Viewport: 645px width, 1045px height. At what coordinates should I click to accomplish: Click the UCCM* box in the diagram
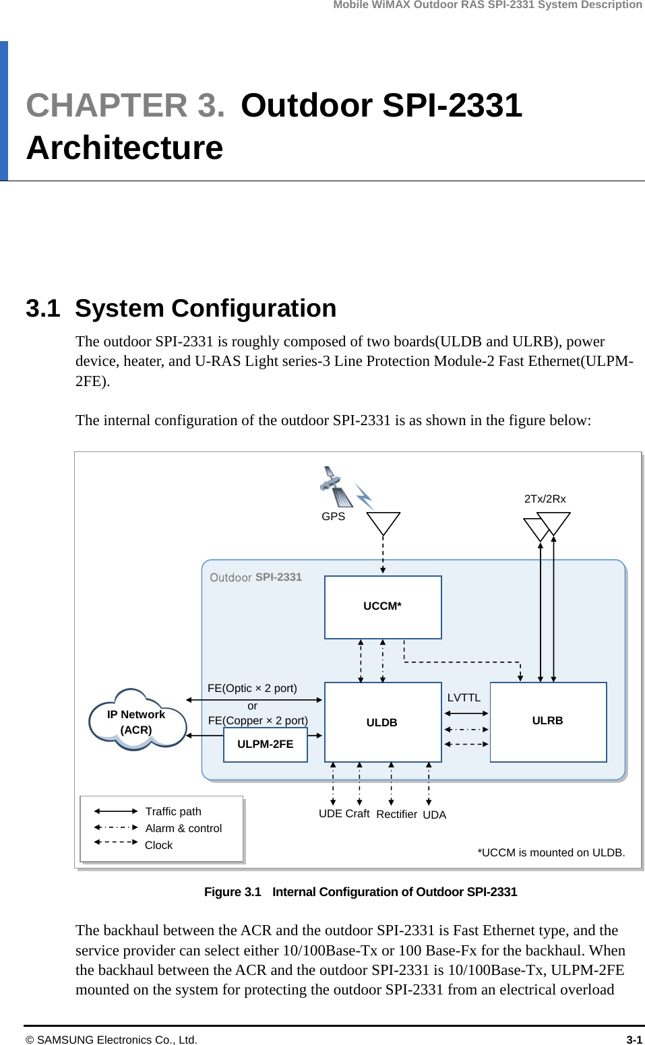point(383,606)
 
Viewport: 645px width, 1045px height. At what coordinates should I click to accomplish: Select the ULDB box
point(383,722)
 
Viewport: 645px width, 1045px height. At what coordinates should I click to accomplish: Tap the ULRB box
point(548,721)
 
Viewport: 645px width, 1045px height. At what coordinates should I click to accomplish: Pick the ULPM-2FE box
point(266,745)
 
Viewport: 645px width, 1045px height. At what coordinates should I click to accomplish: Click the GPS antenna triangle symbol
point(383,523)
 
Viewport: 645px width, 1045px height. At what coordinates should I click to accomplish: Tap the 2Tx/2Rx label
point(545,499)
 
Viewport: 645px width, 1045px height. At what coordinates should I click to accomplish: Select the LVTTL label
point(464,697)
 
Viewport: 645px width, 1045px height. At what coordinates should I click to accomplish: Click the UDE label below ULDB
point(330,813)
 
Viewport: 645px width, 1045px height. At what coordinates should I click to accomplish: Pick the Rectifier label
point(396,814)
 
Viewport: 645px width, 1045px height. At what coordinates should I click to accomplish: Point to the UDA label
point(434,815)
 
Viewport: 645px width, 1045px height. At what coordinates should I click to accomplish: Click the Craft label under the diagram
point(357,813)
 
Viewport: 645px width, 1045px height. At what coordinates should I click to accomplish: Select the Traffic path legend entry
point(173,811)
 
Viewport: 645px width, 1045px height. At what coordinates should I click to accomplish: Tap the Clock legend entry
point(158,845)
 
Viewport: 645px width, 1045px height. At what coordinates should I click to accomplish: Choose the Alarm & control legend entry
point(183,828)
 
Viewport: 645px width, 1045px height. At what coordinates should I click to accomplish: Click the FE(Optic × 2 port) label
point(252,688)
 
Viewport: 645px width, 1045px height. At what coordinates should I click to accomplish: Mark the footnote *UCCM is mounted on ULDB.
point(551,852)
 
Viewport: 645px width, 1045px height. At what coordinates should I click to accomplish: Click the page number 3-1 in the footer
point(634,1040)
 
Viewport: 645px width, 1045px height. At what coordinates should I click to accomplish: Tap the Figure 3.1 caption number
point(233,891)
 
